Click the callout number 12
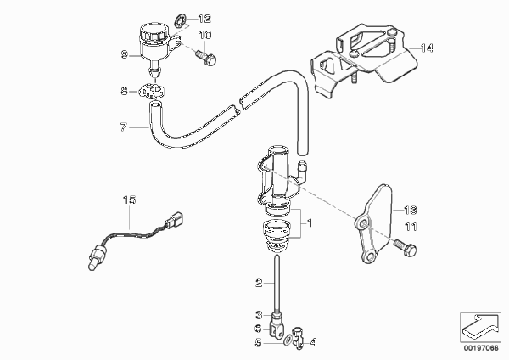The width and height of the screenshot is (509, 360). pos(204,19)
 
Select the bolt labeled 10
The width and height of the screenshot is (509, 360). pos(206,57)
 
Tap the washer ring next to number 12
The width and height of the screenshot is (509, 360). pos(180,20)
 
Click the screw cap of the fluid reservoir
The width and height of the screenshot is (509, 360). pos(154,32)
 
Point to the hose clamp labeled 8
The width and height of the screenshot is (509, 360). pos(151,91)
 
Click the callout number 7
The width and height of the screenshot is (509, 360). pos(123,127)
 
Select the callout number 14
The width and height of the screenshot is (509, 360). pos(427,48)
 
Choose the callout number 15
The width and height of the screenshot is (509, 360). pos(129,200)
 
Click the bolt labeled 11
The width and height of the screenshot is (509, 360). pos(406,247)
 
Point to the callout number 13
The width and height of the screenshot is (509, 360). pos(410,210)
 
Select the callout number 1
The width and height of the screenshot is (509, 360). pos(310,223)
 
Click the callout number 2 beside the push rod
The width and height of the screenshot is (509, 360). pos(259,284)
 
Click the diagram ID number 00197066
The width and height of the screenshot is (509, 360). pos(481,348)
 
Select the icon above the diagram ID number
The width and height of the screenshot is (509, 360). pos(480,327)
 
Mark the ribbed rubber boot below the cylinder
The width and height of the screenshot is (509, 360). pos(276,236)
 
